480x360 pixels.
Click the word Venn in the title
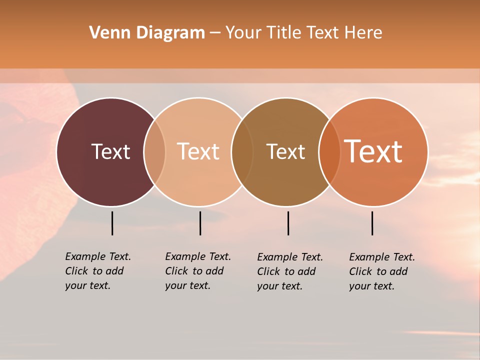(x=106, y=33)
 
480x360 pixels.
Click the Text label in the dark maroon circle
(x=110, y=151)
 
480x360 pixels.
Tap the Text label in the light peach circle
(x=198, y=151)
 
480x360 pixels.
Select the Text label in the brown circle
(x=285, y=151)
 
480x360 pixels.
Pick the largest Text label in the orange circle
(x=373, y=151)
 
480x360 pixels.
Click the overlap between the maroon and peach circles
(x=154, y=152)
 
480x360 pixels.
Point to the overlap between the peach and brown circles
(x=242, y=152)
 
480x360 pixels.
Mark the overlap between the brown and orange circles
(x=329, y=152)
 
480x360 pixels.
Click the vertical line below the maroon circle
(x=112, y=223)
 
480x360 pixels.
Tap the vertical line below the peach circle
(x=200, y=223)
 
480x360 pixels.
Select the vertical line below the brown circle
(x=288, y=223)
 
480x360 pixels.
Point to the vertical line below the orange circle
(x=372, y=223)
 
